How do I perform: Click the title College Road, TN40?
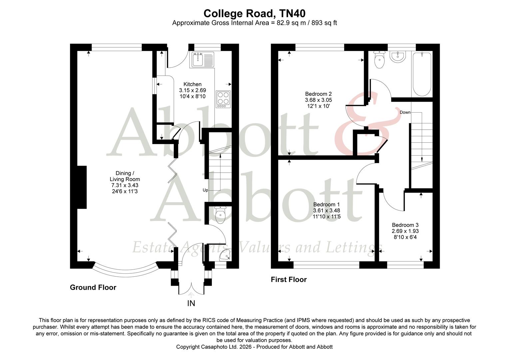(254, 13)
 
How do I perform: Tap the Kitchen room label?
(192, 84)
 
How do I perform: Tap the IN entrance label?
(191, 303)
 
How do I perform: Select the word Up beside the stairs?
(205, 190)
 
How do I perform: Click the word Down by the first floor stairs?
(405, 112)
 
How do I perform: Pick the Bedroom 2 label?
(318, 94)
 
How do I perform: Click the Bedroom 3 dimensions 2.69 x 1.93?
(405, 231)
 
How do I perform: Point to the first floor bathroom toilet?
(379, 60)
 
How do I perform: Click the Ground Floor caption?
(93, 287)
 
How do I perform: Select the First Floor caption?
(288, 279)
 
